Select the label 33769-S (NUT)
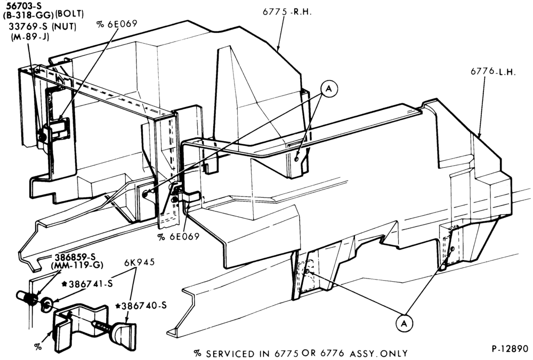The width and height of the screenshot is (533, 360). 43,27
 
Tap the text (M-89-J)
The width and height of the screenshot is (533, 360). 30,36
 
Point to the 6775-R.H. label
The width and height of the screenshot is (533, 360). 287,12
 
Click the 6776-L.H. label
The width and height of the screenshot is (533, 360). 493,72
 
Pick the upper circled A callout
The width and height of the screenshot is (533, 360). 329,89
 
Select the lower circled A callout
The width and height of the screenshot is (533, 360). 404,323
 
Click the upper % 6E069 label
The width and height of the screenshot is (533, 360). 117,23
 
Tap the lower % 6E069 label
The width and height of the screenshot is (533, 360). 178,236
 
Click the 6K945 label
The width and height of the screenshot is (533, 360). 139,262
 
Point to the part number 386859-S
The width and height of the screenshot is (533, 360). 75,257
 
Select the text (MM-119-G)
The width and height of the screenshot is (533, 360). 77,265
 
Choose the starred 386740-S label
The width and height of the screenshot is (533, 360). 141,306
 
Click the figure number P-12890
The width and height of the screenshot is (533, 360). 510,349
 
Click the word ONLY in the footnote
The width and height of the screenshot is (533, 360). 394,354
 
